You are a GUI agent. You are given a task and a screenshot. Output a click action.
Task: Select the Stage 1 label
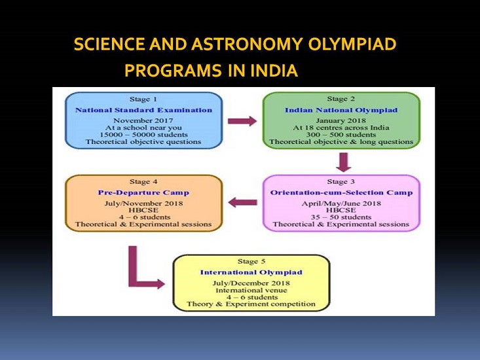click(143, 99)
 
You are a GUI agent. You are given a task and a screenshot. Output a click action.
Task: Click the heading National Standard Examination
click(143, 110)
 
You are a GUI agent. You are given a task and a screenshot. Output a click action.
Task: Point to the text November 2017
click(143, 120)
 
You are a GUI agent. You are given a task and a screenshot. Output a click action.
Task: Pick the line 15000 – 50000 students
click(143, 135)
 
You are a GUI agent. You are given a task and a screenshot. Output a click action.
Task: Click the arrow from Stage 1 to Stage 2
click(242, 121)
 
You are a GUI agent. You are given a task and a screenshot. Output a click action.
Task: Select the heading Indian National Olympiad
click(341, 110)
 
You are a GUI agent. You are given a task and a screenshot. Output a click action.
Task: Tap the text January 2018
click(341, 120)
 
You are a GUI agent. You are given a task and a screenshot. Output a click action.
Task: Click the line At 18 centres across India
click(341, 128)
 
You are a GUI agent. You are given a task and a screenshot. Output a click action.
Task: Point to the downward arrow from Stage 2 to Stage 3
click(344, 162)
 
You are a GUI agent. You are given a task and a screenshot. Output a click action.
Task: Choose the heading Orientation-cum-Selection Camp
click(341, 192)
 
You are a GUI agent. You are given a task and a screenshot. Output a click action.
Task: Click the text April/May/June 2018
click(341, 204)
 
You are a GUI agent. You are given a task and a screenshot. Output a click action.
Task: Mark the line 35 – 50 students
click(341, 217)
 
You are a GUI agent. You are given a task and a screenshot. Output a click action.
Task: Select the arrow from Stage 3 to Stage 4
click(243, 202)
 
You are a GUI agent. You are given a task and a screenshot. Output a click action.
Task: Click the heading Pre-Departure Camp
click(143, 192)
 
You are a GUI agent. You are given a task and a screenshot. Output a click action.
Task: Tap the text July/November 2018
click(143, 204)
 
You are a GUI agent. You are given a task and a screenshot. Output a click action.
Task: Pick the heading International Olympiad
click(251, 272)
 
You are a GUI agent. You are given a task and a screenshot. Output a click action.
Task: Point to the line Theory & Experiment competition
click(251, 304)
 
